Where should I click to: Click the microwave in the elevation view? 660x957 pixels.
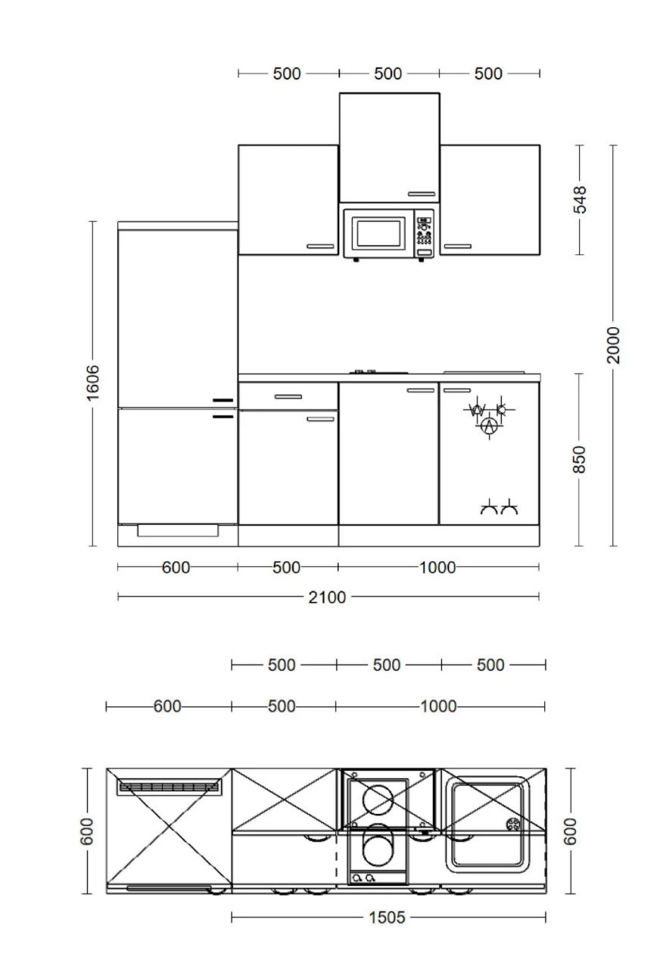(388, 234)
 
